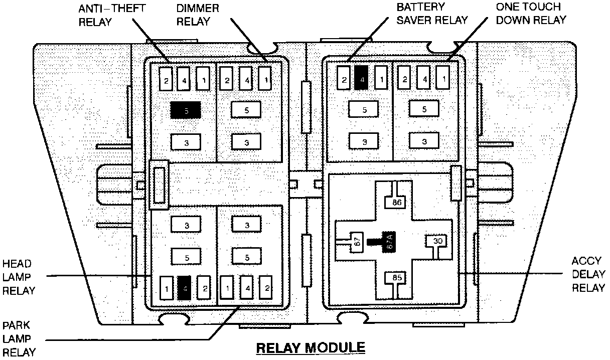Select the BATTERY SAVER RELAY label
tap(432, 14)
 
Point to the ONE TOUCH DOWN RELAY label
tap(531, 14)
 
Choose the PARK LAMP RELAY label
tap(19, 339)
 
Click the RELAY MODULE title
tap(311, 347)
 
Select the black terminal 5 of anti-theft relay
tap(186, 110)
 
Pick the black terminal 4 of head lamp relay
tap(185, 288)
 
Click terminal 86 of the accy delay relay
tap(397, 203)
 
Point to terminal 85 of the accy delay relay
tap(397, 277)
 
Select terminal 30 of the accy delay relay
tap(437, 241)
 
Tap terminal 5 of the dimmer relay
tap(246, 109)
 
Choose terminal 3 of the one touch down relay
tap(424, 141)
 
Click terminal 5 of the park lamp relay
tap(247, 258)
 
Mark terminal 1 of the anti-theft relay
tap(203, 79)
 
